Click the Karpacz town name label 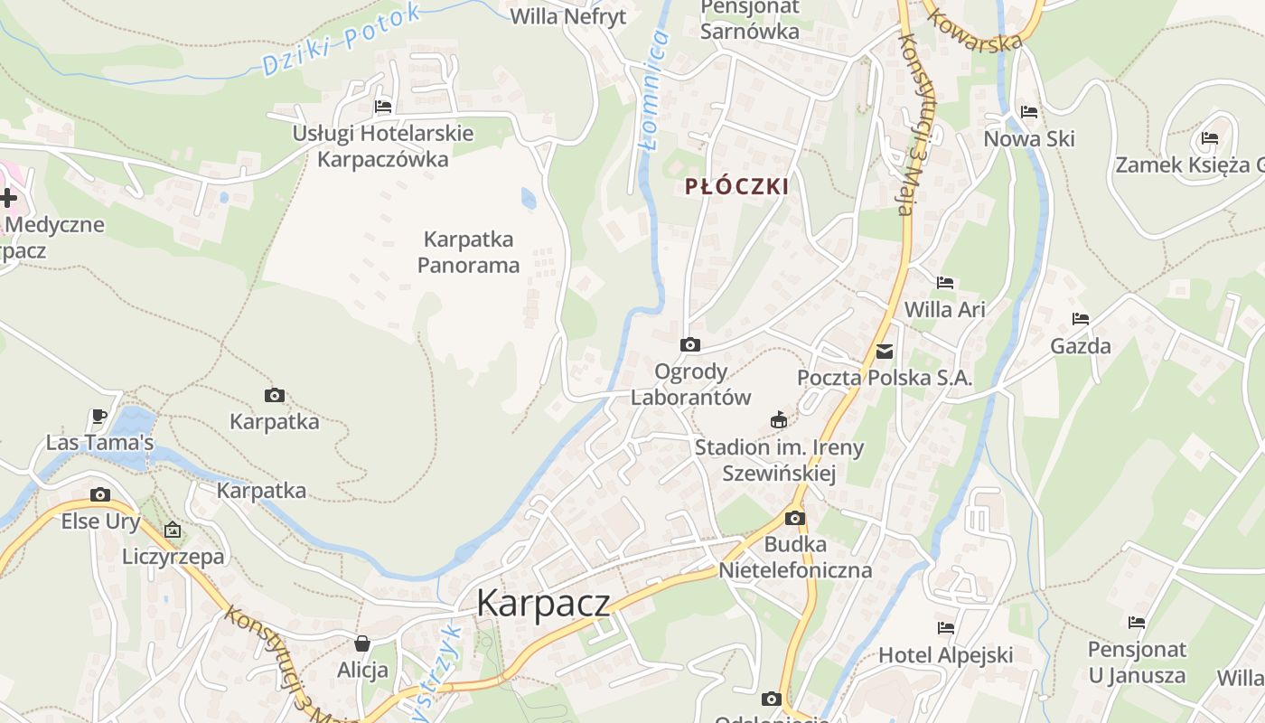tap(543, 603)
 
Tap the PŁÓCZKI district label tap(736, 187)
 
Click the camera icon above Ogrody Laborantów tap(689, 344)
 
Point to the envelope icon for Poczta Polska tap(885, 352)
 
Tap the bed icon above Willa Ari tap(945, 283)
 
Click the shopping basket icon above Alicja tap(362, 643)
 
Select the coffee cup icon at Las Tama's tap(99, 416)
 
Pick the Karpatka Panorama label tap(468, 252)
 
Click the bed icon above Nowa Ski tap(1029, 112)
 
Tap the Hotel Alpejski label tap(945, 655)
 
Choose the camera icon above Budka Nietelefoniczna tap(795, 518)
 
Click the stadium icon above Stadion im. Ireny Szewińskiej tap(778, 419)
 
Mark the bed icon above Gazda tap(1081, 318)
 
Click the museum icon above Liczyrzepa tap(173, 530)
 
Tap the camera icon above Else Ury tap(100, 494)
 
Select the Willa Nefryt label tap(567, 16)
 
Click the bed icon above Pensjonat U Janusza tap(1137, 622)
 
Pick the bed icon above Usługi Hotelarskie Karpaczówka tap(383, 107)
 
